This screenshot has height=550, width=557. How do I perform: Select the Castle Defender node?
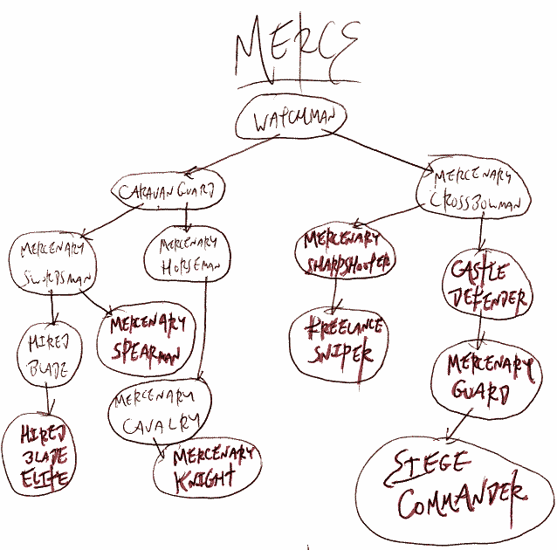[487, 285]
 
